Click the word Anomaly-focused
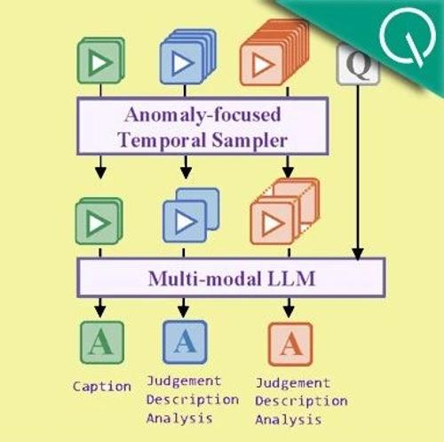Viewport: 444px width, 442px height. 202,115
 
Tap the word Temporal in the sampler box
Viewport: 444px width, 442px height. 162,140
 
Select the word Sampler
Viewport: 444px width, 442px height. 250,140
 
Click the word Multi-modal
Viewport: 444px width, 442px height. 205,279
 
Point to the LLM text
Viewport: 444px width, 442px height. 291,279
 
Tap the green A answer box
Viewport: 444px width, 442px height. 102,343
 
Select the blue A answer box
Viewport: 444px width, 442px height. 185,342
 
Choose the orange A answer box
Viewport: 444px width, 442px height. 290,344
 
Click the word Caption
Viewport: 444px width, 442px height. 102,386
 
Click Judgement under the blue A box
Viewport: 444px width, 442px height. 184,381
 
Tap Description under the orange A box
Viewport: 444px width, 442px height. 301,401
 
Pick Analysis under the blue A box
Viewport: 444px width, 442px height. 179,418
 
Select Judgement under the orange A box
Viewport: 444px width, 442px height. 293,383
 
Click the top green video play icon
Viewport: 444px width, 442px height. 100,63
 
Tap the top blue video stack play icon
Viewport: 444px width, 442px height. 183,63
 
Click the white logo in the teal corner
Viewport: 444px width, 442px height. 408,36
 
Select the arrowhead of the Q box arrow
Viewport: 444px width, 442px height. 358,255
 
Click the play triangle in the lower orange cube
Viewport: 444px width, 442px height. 274,224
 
